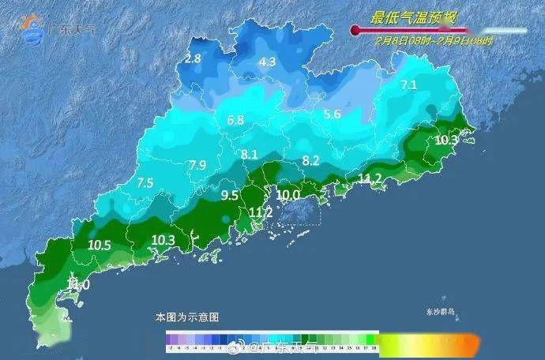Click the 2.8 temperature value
(193, 58)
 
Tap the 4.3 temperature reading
(268, 62)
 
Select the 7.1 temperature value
(408, 84)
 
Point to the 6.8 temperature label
(235, 121)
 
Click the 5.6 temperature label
(332, 114)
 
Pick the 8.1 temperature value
(250, 154)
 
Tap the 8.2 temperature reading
(311, 160)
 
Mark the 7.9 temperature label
(197, 165)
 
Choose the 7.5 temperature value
(145, 182)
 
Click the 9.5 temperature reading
(229, 195)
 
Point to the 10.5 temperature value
(99, 246)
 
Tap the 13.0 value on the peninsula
(77, 284)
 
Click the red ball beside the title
(355, 31)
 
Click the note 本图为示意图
(187, 317)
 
